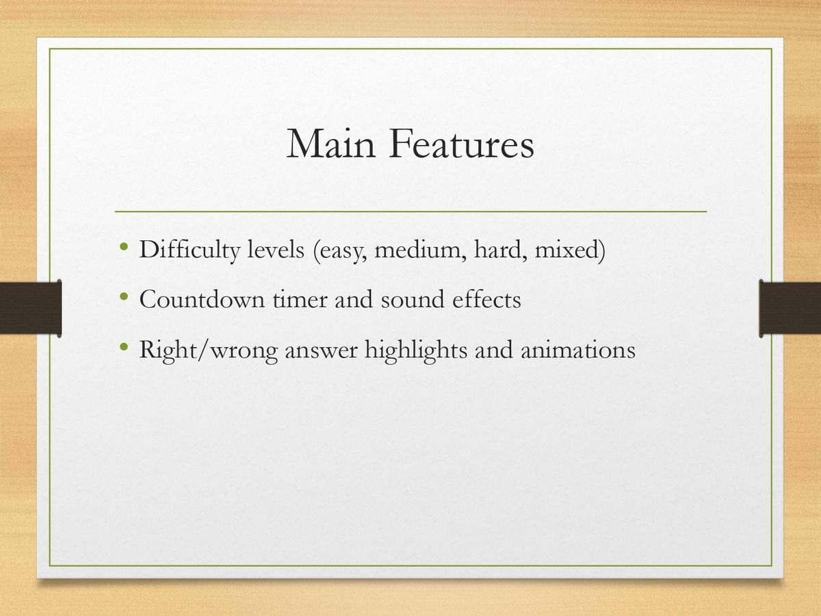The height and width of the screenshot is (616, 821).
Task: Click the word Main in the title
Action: point(331,143)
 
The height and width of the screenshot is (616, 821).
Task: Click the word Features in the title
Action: point(462,143)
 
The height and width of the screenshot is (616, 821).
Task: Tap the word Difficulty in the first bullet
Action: point(190,250)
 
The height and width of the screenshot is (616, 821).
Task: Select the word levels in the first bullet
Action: point(275,249)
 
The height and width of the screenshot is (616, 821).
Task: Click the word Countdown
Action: point(202,299)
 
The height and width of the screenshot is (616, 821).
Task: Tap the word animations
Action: point(578,350)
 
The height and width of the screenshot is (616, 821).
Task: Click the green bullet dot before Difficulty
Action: point(124,246)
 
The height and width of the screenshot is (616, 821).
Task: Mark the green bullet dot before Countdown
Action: point(124,296)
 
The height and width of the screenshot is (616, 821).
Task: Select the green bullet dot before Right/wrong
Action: point(124,347)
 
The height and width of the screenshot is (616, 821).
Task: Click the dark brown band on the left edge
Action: point(31,308)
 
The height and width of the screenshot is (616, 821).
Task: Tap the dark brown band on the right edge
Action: point(790,308)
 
